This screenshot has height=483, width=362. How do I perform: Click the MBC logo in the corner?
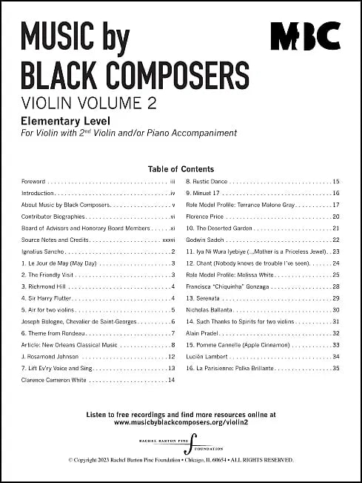point(304,35)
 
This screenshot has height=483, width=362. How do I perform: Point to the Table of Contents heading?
point(181,169)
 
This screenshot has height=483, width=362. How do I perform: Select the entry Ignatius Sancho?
point(46,252)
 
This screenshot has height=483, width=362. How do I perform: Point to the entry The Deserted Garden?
point(221,228)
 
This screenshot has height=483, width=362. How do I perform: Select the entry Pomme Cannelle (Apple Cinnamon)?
point(237,345)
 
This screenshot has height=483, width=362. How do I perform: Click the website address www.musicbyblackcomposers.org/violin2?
point(181,422)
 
